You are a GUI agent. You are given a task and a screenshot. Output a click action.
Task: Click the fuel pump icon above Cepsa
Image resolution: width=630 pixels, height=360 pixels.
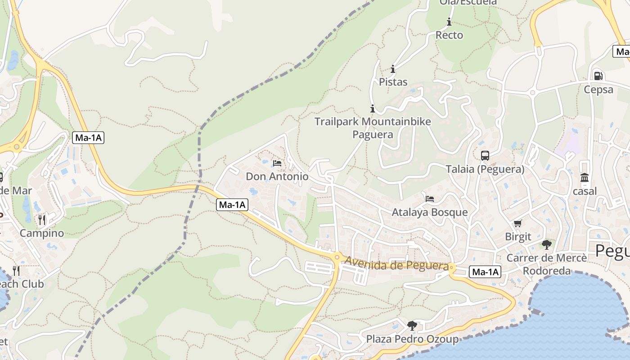tap(598, 76)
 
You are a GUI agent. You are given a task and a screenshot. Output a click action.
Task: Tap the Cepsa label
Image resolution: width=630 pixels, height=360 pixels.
tap(598, 90)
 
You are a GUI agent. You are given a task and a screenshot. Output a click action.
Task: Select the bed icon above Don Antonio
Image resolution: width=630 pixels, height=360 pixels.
tap(277, 163)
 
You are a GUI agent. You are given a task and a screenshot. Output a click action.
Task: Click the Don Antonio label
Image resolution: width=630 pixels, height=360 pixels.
tap(277, 176)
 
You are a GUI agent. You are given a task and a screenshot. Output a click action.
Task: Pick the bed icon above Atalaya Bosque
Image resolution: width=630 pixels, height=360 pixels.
tap(430, 198)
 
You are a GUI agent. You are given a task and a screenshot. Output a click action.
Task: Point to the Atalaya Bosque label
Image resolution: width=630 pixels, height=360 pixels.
tap(430, 212)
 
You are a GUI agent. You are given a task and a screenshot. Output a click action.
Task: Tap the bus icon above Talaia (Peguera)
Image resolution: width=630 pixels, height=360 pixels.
tap(485, 156)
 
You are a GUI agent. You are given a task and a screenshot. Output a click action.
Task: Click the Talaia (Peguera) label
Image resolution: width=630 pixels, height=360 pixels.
tap(485, 169)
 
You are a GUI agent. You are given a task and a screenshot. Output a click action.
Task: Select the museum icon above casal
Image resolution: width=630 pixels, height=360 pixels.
tap(585, 178)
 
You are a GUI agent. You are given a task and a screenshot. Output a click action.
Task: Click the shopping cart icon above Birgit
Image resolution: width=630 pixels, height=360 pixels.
tap(518, 223)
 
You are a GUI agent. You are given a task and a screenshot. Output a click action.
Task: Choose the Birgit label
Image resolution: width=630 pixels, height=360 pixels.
tap(518, 237)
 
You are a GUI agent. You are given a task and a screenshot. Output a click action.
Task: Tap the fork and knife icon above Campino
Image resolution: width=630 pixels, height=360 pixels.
tap(42, 220)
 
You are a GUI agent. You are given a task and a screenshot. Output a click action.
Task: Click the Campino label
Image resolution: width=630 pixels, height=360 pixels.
tap(42, 233)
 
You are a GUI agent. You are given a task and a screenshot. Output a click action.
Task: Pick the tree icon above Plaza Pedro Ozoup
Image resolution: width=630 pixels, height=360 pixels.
tap(412, 325)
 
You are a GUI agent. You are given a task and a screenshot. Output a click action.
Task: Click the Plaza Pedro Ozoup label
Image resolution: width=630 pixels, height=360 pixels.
tap(412, 339)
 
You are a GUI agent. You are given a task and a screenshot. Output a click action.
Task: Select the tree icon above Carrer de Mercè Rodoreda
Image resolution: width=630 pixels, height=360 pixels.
tap(547, 245)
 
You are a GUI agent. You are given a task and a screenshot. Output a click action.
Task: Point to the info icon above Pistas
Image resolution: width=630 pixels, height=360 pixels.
tap(393, 69)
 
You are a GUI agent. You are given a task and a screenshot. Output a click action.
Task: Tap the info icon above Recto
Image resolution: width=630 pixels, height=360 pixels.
tap(449, 22)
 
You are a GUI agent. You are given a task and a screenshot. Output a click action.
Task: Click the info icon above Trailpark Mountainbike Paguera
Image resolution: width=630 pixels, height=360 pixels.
tap(373, 108)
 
